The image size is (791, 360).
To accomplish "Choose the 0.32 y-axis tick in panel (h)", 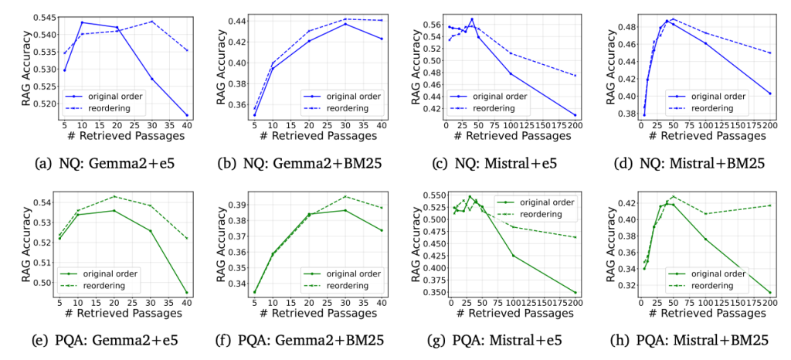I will [x=625, y=286].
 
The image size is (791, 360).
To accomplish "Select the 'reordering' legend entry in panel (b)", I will [x=340, y=108].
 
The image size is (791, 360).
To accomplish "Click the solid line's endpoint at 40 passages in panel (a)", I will [x=187, y=115].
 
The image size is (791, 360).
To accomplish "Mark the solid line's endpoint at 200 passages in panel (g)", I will [x=575, y=292].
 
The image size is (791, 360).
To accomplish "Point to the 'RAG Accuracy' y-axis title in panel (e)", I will [x=11, y=242].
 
